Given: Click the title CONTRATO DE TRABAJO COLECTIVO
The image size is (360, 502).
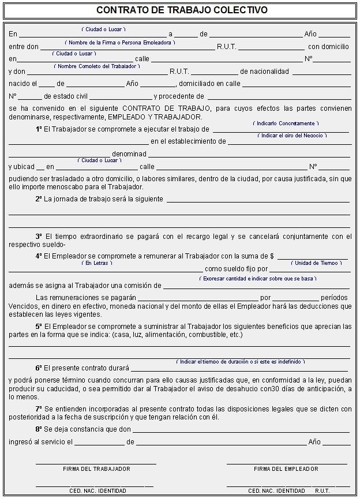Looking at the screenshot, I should click(182, 10).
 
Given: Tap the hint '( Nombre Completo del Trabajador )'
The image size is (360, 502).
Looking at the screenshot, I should click(97, 66).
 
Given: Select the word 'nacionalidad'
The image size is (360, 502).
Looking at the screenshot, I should click(264, 72).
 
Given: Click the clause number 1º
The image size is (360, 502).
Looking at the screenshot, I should click(39, 130).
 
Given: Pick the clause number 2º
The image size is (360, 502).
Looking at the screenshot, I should click(39, 199).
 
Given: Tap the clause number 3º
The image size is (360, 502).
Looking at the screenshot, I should click(39, 236).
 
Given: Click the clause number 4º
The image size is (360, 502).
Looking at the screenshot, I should click(39, 256).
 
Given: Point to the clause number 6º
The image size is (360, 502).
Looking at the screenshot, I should click(39, 368).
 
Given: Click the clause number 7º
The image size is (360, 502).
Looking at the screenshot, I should click(39, 409).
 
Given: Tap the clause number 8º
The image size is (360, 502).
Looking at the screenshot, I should click(39, 429).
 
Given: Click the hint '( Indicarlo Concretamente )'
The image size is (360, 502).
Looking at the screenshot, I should click(286, 123).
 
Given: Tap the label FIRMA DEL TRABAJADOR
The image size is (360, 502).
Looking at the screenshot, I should click(96, 469).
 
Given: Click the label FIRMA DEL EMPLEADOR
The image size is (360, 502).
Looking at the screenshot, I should click(286, 469).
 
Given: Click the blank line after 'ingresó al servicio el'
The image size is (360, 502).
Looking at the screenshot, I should click(99, 443).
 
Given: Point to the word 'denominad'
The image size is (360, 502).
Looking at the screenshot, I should click(129, 154).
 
